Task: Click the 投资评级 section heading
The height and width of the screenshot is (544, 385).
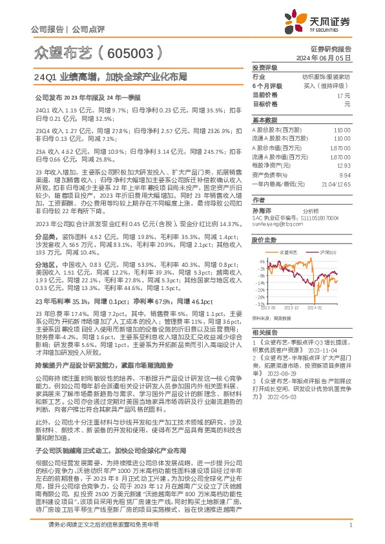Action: click(x=265, y=67)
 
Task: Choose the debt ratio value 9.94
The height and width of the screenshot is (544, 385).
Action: click(x=345, y=174)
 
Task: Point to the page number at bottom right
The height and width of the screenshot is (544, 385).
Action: click(x=349, y=533)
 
